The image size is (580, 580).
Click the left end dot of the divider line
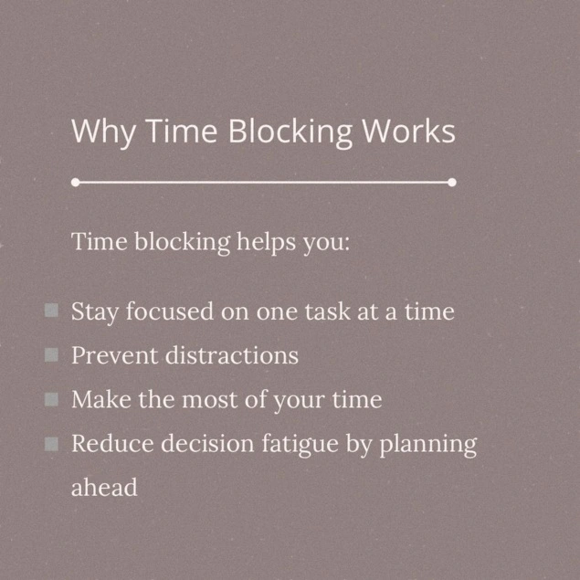[x=75, y=183]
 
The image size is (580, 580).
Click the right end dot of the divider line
[x=452, y=183]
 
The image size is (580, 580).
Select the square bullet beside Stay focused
[x=51, y=311]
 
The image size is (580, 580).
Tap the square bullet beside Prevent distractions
[x=51, y=354]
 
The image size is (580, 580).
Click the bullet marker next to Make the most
[x=51, y=399]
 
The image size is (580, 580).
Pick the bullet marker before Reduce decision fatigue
[x=51, y=444]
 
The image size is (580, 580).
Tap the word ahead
[x=104, y=487]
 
